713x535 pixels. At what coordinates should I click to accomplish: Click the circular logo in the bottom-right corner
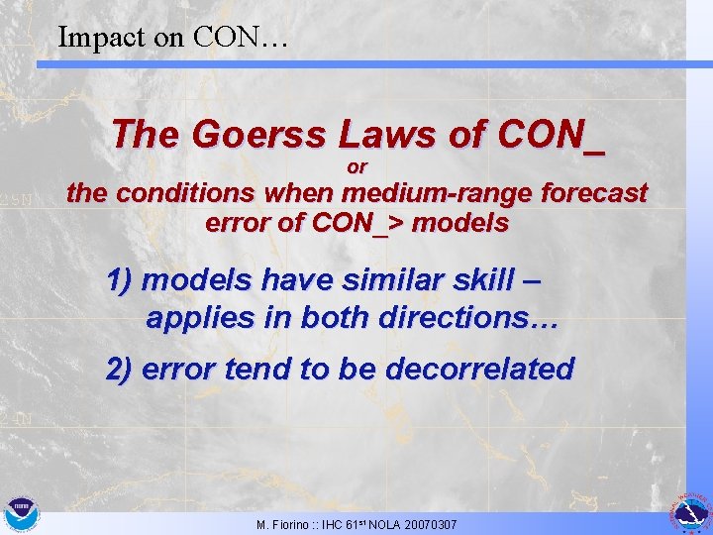[691, 513]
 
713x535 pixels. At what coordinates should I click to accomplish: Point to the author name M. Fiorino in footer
[281, 524]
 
